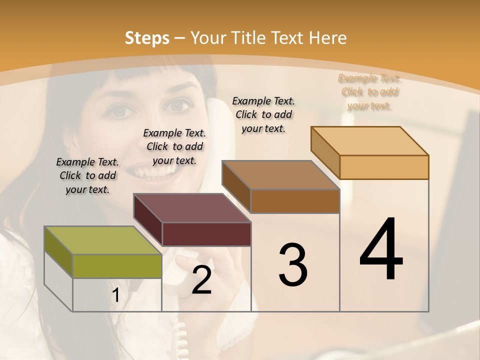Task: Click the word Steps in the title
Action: (146, 38)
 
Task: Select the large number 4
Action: (381, 250)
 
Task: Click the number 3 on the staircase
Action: (293, 264)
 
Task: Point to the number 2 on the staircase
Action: (201, 280)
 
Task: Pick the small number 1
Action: (115, 295)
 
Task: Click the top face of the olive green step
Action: (102, 240)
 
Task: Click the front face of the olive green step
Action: (117, 266)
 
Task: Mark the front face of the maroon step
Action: (206, 234)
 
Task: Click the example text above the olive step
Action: (87, 175)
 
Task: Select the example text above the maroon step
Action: (174, 146)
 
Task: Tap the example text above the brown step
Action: (263, 114)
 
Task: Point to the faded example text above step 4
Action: (369, 92)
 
